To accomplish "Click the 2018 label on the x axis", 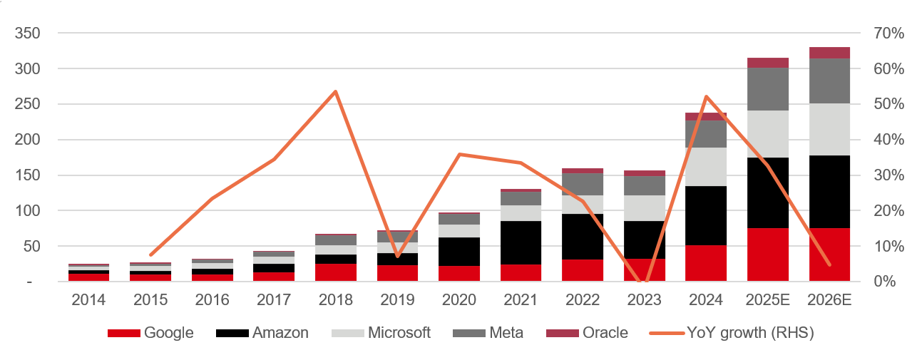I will [x=336, y=301].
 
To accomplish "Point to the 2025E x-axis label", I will [x=768, y=301].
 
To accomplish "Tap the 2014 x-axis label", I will [x=89, y=301].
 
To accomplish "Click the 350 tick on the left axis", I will [x=26, y=34].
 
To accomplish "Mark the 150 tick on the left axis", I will [x=26, y=175].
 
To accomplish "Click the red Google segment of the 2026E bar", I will [x=829, y=254].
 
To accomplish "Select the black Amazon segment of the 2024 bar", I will [x=706, y=215].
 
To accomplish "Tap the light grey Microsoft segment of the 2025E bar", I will [x=768, y=134].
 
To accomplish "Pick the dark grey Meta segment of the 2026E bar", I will [x=829, y=81].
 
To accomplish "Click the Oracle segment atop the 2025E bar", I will [x=768, y=63].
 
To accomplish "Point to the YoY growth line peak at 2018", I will [x=336, y=92].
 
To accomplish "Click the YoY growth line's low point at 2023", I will [x=644, y=281].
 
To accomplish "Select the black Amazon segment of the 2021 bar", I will [x=521, y=242].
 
